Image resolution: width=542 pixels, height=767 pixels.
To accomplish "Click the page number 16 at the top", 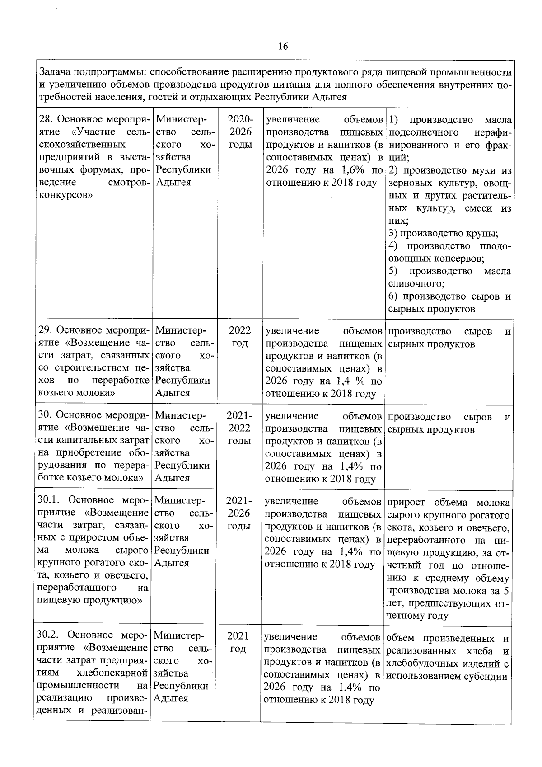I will (x=283, y=47).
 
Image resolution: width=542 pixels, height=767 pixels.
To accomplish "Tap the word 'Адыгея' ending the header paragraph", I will (x=331, y=97).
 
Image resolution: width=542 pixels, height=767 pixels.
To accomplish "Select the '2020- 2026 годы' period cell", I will (x=240, y=132).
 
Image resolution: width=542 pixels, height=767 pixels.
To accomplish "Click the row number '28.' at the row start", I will (x=46, y=120).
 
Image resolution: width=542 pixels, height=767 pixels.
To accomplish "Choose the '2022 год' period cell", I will (x=240, y=337).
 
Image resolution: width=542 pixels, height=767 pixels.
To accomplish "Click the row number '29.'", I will (x=46, y=331).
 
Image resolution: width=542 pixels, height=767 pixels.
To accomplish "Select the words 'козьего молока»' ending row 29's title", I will (x=77, y=392).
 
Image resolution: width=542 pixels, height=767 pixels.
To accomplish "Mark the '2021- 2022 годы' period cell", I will (x=239, y=428).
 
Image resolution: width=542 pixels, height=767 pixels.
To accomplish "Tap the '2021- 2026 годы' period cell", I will (x=239, y=513).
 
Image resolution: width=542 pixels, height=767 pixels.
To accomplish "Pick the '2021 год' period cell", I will (x=238, y=642).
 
